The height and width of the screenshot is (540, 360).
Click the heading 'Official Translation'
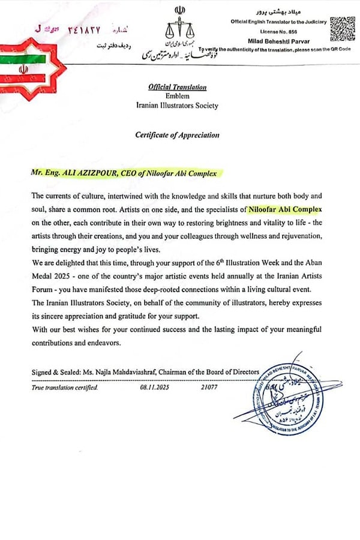tap(177, 87)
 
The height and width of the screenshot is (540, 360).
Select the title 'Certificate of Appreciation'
tap(177, 135)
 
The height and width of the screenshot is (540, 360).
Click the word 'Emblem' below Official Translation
tap(177, 96)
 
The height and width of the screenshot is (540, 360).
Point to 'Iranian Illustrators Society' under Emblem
tap(177, 106)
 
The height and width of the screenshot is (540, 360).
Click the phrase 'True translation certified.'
tap(64, 388)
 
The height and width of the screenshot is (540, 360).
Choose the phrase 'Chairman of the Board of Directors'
tap(215, 373)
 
